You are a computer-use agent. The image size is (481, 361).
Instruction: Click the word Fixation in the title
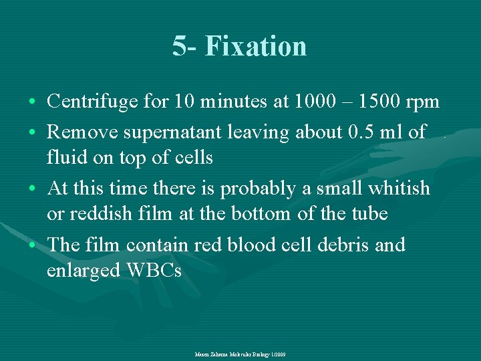[256, 46]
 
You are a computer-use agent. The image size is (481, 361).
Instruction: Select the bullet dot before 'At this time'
[33, 189]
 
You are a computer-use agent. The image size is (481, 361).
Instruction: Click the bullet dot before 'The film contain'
[33, 245]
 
